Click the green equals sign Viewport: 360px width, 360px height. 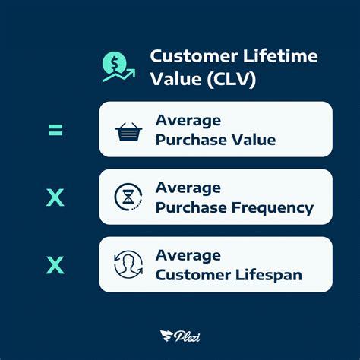55,130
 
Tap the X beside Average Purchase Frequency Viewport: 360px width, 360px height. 55,197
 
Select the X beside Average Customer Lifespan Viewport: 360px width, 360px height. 55,265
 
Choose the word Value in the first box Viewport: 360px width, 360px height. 254,140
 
